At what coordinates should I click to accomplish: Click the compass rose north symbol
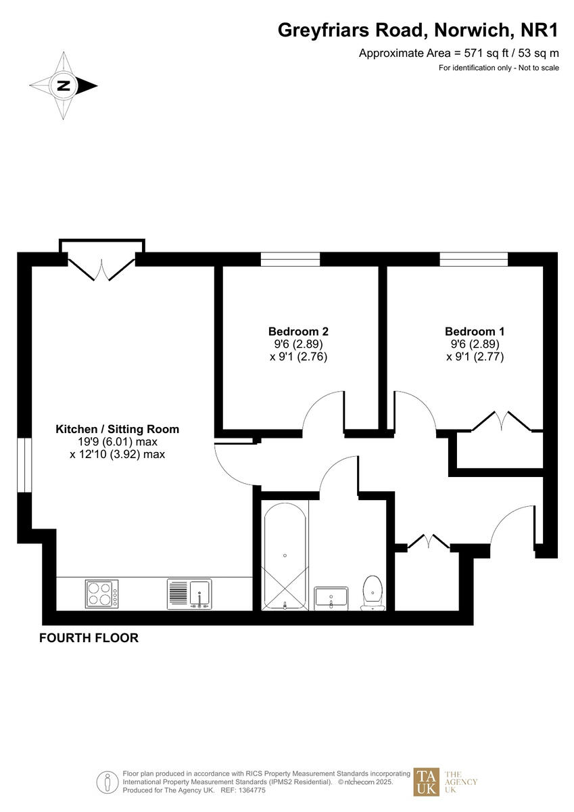click(64, 86)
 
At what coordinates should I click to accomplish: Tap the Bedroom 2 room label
click(298, 332)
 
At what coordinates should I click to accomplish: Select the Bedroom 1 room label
click(475, 332)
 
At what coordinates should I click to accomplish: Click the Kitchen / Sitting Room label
click(117, 429)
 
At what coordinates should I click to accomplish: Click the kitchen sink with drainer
click(189, 595)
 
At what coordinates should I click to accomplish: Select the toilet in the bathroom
click(373, 592)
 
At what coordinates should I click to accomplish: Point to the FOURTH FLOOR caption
click(89, 637)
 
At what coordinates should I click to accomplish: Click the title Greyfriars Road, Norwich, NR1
click(418, 30)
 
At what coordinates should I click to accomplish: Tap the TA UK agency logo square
click(427, 782)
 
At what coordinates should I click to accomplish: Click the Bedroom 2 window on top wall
click(290, 259)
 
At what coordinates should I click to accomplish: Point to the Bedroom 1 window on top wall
click(473, 259)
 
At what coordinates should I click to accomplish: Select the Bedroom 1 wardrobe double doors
click(501, 422)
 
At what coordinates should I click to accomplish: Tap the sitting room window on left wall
click(24, 465)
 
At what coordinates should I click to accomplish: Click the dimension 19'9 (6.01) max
click(118, 442)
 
